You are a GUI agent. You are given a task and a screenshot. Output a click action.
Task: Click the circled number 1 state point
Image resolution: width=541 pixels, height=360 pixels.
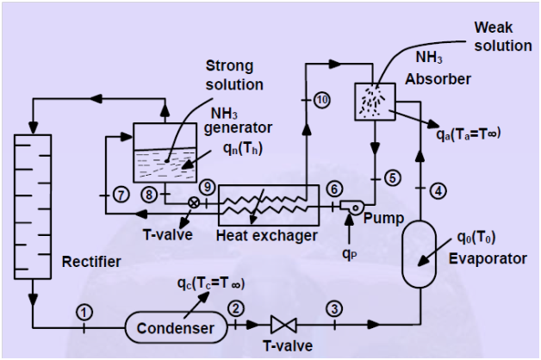(x=84, y=313)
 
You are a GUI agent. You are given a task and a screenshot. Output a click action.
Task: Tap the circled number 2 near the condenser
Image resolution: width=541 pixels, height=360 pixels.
(x=236, y=308)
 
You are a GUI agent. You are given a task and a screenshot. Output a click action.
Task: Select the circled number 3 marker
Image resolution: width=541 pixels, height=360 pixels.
(x=334, y=309)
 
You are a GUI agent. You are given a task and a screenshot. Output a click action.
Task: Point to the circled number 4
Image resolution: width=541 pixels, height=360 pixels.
(x=438, y=190)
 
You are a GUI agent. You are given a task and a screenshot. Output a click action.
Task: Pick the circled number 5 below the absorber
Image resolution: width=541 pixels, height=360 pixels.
(x=393, y=178)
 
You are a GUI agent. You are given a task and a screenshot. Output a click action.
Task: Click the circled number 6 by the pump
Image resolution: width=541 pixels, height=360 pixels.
(x=334, y=189)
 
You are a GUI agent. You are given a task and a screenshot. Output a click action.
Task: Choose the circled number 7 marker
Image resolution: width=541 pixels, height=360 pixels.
(x=121, y=196)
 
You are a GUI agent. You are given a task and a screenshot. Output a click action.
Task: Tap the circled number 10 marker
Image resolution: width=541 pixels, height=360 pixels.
(x=322, y=100)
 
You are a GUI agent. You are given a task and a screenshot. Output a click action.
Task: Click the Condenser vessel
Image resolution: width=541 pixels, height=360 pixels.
(x=176, y=327)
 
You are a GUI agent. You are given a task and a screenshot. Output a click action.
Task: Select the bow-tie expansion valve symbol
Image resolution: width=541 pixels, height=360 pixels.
(x=283, y=325)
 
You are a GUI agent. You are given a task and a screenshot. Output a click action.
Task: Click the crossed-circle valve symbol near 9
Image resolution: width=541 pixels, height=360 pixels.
(x=194, y=202)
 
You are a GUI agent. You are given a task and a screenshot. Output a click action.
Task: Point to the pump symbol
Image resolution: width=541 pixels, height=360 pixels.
(x=352, y=206)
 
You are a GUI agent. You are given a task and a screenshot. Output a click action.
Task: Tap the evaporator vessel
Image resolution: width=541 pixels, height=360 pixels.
(x=420, y=254)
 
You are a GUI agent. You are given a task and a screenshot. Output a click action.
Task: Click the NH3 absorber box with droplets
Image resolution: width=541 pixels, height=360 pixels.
(x=375, y=102)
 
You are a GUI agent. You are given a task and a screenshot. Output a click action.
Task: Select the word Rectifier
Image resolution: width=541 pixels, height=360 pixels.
(x=91, y=262)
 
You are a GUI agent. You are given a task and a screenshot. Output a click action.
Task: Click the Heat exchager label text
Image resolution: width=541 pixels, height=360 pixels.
(x=267, y=236)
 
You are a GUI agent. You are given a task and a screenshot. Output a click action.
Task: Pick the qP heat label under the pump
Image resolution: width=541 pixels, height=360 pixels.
(x=350, y=254)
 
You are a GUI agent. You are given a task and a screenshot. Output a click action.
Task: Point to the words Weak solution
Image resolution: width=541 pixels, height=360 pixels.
(x=503, y=36)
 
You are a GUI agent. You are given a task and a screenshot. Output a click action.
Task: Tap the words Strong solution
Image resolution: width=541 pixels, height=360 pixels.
(x=234, y=75)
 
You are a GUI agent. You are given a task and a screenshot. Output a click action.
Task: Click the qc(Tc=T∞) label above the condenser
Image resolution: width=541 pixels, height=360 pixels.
(x=211, y=283)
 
